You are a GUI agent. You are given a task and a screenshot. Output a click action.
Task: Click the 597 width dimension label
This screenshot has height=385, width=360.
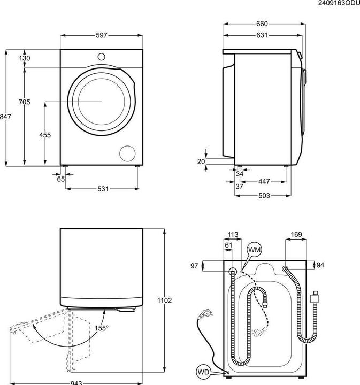[102, 35]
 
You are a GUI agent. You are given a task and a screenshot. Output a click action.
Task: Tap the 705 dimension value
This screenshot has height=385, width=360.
[25, 102]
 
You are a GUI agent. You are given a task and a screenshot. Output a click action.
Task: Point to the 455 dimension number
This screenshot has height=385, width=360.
[45, 135]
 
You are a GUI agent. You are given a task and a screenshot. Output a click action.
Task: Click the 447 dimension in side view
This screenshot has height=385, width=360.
[264, 182]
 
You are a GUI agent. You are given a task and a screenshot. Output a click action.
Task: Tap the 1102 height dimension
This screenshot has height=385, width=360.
[165, 301]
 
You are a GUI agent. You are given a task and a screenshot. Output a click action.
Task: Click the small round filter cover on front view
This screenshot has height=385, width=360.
[128, 152]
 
